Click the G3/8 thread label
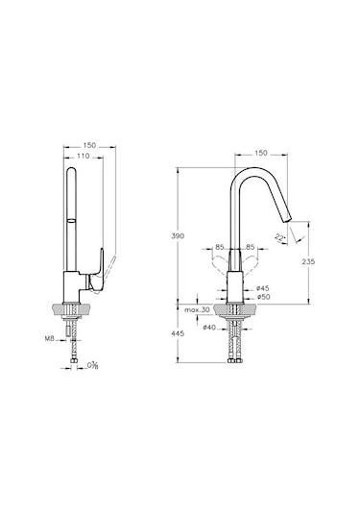(x=93, y=366)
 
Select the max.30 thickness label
(x=199, y=309)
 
